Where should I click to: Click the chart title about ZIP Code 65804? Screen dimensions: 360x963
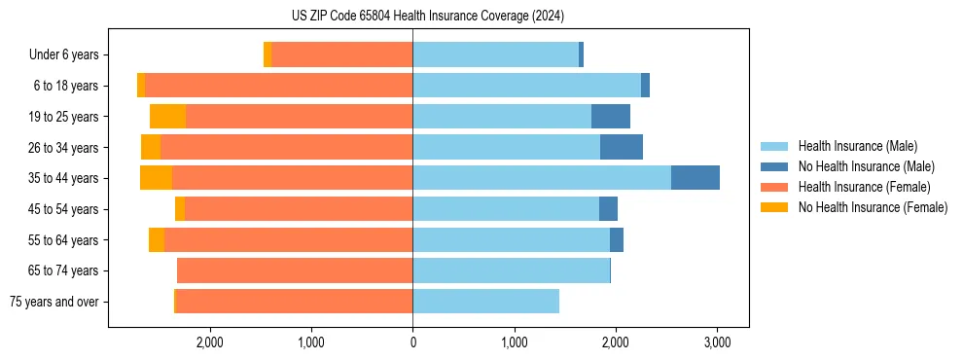[x=427, y=16]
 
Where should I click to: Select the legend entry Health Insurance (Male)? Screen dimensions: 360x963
[x=857, y=146]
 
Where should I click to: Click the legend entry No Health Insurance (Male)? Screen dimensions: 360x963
[x=866, y=166]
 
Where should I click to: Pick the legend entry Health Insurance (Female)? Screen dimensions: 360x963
[x=864, y=187]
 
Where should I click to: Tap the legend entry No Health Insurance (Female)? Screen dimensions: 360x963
[x=873, y=207]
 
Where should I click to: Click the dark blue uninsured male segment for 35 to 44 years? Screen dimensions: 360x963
[x=695, y=178]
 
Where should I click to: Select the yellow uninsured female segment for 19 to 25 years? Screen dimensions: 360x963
[x=167, y=117]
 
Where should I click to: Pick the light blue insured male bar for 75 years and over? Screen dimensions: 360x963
[x=485, y=302]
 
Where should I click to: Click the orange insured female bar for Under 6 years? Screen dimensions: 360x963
[x=341, y=54]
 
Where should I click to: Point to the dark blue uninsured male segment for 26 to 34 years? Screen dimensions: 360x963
[x=621, y=147]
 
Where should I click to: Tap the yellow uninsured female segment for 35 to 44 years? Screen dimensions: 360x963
[x=156, y=178]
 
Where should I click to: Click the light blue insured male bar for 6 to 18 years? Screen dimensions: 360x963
[x=526, y=86]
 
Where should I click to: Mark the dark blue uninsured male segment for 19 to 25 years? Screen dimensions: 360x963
[x=610, y=117]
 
